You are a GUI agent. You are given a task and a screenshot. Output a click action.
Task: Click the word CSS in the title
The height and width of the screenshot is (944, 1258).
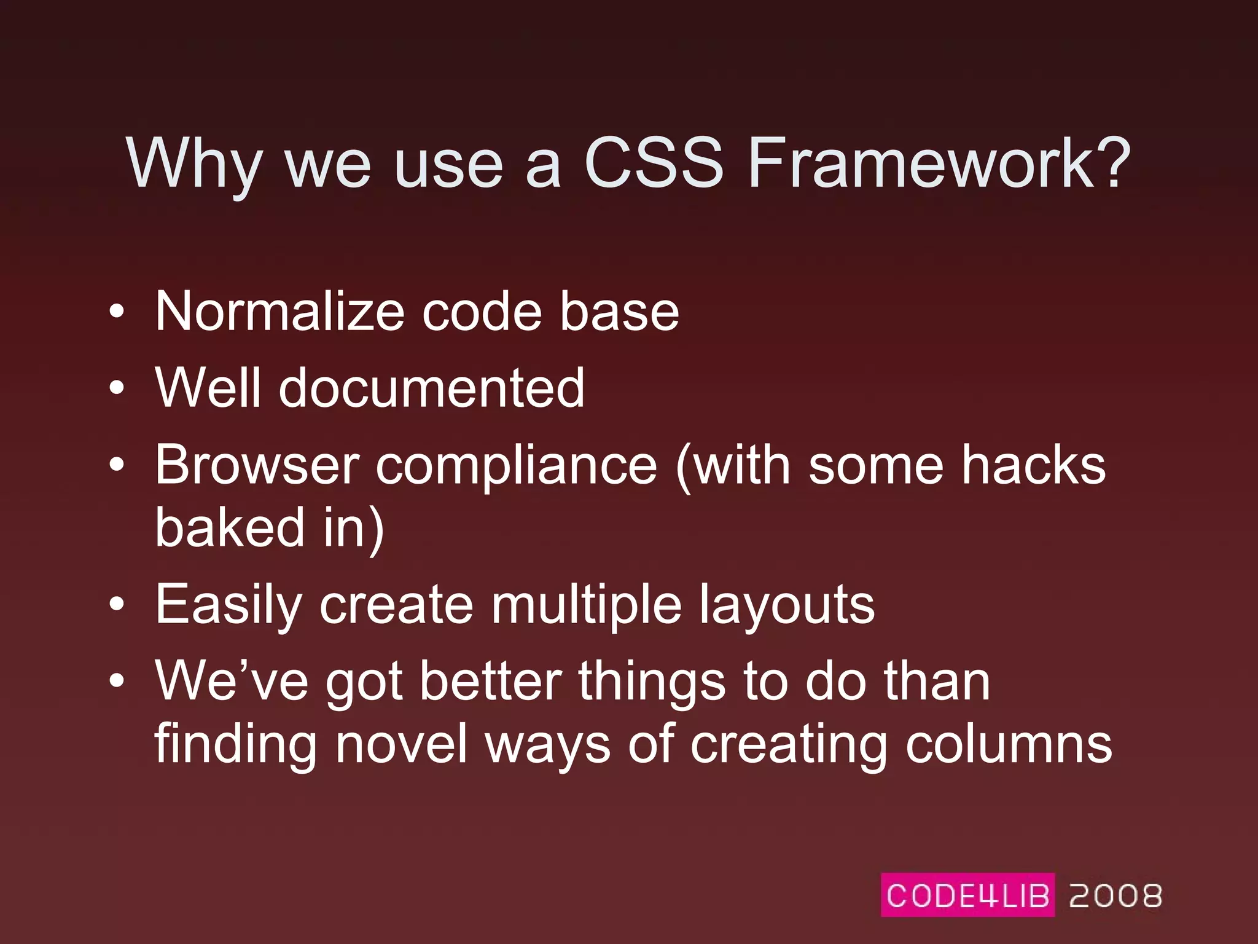(x=654, y=163)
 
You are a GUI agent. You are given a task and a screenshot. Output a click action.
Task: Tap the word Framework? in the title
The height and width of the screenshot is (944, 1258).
(x=939, y=163)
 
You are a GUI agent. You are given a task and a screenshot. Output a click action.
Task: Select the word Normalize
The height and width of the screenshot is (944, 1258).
(x=279, y=312)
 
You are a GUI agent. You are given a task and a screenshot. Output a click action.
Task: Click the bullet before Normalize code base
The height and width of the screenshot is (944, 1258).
(x=117, y=312)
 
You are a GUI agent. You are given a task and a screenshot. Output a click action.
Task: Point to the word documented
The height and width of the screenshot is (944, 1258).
(x=431, y=388)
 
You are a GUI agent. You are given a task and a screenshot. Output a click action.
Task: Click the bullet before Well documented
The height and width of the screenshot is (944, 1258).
(x=117, y=388)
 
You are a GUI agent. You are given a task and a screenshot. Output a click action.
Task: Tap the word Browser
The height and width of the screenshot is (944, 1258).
(x=257, y=465)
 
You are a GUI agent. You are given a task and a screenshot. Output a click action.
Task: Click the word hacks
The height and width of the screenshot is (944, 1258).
(x=1033, y=465)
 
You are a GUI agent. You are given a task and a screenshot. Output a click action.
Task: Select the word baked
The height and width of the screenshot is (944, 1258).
(x=230, y=527)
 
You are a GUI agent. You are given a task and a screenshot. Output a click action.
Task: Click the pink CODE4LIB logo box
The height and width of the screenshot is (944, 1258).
(x=967, y=895)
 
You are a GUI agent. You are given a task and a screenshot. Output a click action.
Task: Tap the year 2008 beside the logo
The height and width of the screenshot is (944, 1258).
(x=1115, y=895)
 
